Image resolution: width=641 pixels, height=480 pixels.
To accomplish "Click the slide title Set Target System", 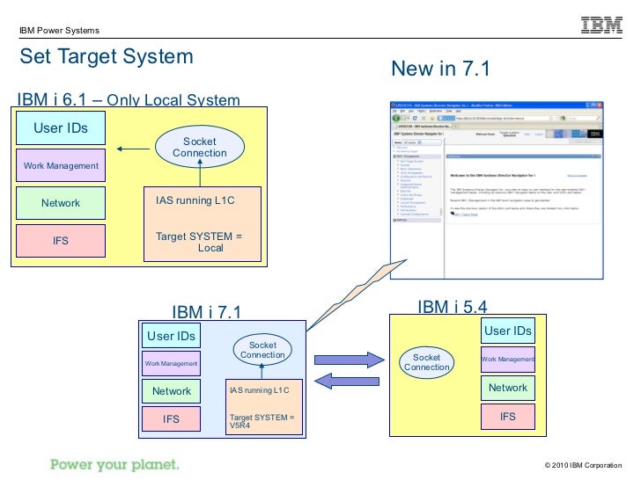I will coord(107,57).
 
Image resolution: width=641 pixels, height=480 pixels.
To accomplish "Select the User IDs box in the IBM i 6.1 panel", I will coord(60,128).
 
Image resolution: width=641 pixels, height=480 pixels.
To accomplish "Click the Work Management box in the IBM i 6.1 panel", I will coord(60,165).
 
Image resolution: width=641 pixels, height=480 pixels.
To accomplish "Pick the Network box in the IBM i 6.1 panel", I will coord(60,203).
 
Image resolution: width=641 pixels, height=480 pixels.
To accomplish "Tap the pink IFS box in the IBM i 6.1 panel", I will coord(60,240).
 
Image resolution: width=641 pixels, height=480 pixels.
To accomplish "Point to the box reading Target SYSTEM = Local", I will coord(202,224).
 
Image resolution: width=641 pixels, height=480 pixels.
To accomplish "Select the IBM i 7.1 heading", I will coord(206,311).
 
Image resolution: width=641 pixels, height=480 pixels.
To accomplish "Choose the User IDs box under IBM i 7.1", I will coord(171,336).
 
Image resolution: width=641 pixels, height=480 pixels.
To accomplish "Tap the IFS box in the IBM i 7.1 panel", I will coord(171,419).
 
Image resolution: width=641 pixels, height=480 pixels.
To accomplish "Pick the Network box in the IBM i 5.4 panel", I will coord(507,388).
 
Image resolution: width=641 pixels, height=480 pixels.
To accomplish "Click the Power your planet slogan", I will coord(114,463).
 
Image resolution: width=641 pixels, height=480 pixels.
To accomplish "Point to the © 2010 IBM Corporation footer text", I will coord(584,464).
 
